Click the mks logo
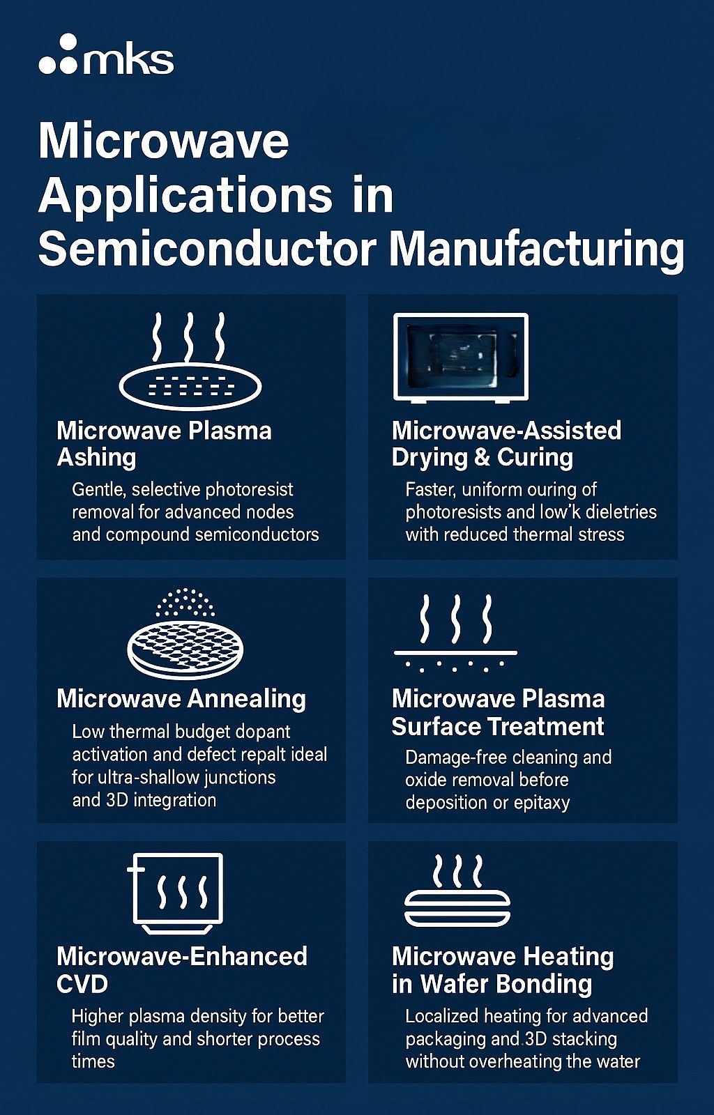coord(106,55)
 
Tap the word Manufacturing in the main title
coord(536,251)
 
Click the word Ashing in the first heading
coord(97,457)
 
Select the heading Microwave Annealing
coord(181,700)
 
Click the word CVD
coord(82,983)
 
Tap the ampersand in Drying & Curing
coord(483,457)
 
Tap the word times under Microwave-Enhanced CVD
coord(93,1061)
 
